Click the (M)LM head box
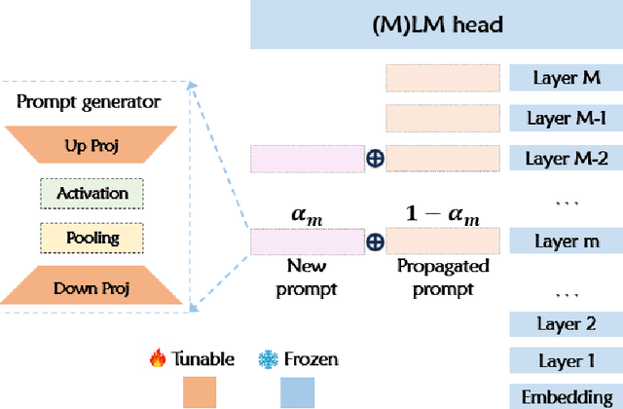click(436, 24)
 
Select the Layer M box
click(566, 78)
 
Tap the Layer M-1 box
click(566, 118)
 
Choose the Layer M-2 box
click(566, 158)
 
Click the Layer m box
click(566, 241)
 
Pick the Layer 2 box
click(566, 324)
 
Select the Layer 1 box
click(566, 361)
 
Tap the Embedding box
click(566, 395)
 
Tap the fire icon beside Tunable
click(158, 359)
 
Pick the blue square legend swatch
click(298, 392)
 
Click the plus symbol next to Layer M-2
click(374, 158)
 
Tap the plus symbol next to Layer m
click(374, 242)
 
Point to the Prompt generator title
click(89, 101)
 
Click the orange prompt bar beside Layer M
click(444, 78)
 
